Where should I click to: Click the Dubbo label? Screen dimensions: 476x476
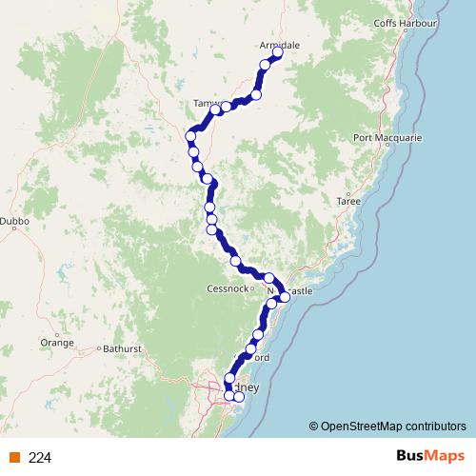(15, 221)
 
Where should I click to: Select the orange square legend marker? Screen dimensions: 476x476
(13, 457)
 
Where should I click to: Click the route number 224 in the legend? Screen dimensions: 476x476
(40, 457)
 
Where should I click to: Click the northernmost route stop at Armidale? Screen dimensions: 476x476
(279, 54)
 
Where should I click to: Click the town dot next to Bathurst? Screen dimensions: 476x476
(99, 349)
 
